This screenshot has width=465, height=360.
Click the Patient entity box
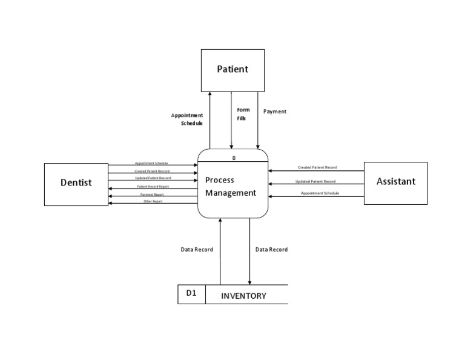232,70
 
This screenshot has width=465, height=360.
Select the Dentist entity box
76,182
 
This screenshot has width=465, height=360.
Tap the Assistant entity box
395,181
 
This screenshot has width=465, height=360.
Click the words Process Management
230,187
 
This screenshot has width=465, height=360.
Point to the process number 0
234,159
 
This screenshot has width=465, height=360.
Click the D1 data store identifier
191,294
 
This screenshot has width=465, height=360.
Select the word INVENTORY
243,296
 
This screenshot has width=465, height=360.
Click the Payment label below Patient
275,112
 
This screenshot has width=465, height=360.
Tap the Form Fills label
243,114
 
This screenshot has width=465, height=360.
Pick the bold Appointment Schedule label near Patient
187,119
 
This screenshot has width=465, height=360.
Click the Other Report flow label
153,201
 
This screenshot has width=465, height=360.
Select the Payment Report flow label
152,195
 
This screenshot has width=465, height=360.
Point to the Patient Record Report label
153,187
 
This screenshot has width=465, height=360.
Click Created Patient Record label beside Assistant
317,167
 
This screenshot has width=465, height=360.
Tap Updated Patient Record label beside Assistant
315,181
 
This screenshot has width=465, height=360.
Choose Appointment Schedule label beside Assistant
320,193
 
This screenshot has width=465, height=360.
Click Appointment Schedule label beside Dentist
151,163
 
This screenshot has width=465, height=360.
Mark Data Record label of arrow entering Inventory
271,250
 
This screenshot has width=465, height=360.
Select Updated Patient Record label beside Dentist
153,178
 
